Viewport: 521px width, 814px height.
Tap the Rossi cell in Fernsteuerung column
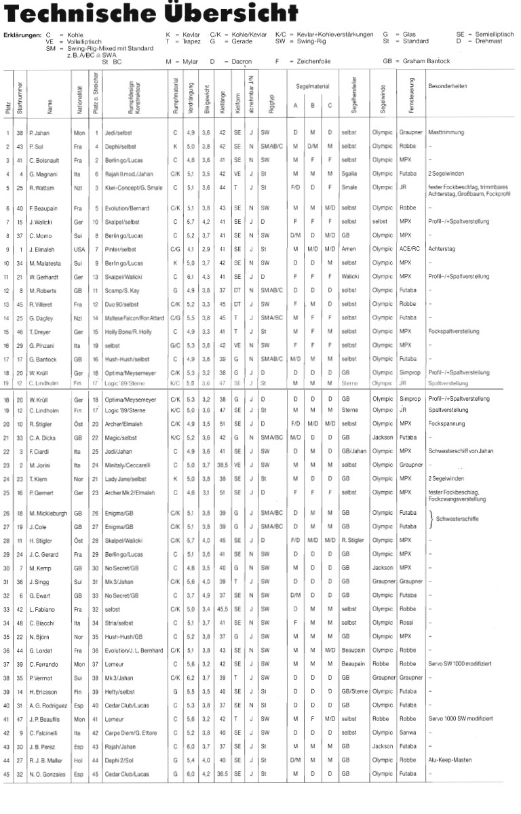pyautogui.click(x=405, y=623)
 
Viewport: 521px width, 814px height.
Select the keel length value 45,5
pyautogui.click(x=222, y=609)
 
